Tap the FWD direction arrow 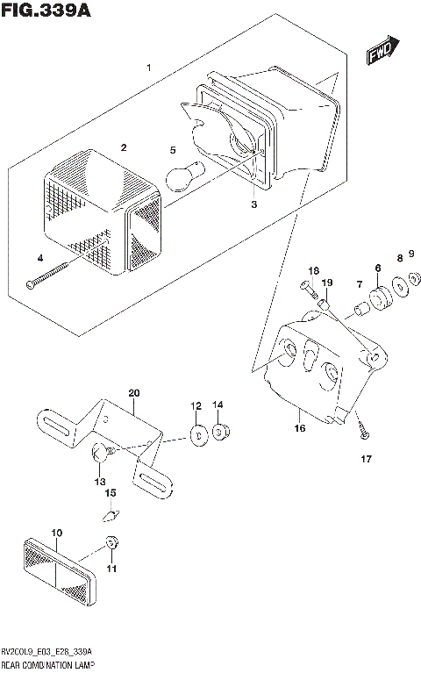(382, 53)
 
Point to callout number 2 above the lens (124, 147)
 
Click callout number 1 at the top (149, 68)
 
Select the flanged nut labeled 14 (219, 430)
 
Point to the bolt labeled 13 (102, 453)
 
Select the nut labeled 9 (415, 279)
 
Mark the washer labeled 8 (399, 285)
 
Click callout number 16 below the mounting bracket (300, 429)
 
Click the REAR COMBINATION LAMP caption (48, 665)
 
